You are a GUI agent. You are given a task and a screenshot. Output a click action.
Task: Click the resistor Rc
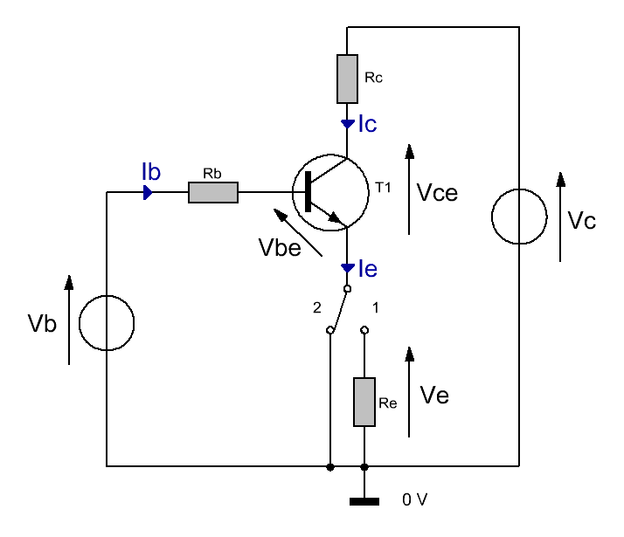pyautogui.click(x=347, y=79)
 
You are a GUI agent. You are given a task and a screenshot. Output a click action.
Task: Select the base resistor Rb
pyautogui.click(x=213, y=192)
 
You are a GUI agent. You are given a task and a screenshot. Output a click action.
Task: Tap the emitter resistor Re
pyautogui.click(x=364, y=402)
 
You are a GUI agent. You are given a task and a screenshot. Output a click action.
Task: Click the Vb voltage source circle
pyautogui.click(x=107, y=323)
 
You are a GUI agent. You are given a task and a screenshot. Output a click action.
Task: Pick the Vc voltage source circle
pyautogui.click(x=519, y=217)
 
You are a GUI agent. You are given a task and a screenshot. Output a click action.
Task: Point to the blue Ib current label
pyautogui.click(x=151, y=172)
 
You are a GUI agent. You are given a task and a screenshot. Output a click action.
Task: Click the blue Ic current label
pyautogui.click(x=367, y=124)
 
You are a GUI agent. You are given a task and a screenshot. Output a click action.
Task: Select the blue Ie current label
pyautogui.click(x=368, y=269)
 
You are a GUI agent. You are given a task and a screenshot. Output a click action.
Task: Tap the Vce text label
pyautogui.click(x=437, y=193)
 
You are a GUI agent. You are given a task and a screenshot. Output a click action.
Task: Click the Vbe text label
pyautogui.click(x=280, y=247)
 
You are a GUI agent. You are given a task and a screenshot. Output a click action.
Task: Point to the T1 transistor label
pyautogui.click(x=384, y=187)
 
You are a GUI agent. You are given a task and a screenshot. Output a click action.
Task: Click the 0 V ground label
pyautogui.click(x=414, y=499)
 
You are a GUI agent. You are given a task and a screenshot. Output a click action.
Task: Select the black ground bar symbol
pyautogui.click(x=364, y=501)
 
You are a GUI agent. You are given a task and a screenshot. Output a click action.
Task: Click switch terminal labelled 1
pyautogui.click(x=364, y=330)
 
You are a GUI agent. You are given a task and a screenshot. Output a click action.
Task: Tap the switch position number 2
pyautogui.click(x=316, y=307)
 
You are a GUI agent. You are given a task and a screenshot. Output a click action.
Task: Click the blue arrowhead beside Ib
pyautogui.click(x=148, y=192)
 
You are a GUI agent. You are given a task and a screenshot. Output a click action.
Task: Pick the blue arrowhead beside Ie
pyautogui.click(x=348, y=268)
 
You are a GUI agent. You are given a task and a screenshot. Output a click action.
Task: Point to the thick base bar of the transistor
pyautogui.click(x=308, y=191)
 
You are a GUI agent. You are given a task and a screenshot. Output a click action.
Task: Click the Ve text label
pyautogui.click(x=434, y=396)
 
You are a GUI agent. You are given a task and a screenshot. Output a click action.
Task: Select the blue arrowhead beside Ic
pyautogui.click(x=348, y=124)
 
